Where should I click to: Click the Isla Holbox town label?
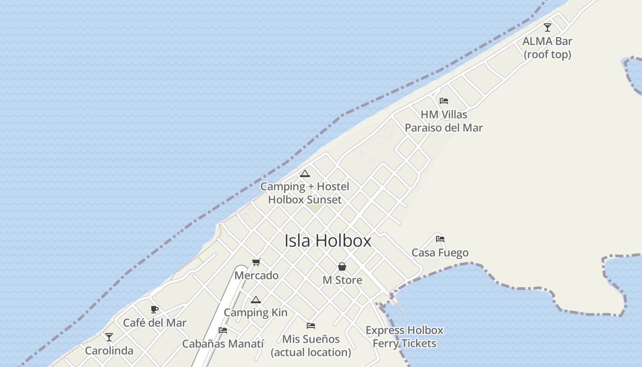[328, 241]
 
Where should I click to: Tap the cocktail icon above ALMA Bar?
[548, 28]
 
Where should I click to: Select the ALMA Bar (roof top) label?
[548, 48]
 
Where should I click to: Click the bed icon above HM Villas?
[443, 101]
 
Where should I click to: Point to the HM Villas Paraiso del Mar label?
[443, 121]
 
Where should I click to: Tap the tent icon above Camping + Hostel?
[304, 173]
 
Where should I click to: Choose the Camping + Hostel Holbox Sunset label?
[304, 193]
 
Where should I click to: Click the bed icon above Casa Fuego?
[440, 239]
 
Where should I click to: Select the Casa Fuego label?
[440, 253]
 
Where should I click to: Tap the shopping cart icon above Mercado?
[256, 262]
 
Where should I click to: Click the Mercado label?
[256, 276]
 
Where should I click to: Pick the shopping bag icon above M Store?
[342, 267]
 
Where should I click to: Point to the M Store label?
[342, 280]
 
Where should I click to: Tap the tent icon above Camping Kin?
[255, 300]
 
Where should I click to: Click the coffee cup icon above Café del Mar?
[155, 309]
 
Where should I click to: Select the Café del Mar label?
[155, 323]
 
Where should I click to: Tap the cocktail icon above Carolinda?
[109, 337]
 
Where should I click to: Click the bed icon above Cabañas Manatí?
[223, 330]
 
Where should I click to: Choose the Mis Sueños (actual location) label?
[311, 346]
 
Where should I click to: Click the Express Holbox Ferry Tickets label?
[404, 337]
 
